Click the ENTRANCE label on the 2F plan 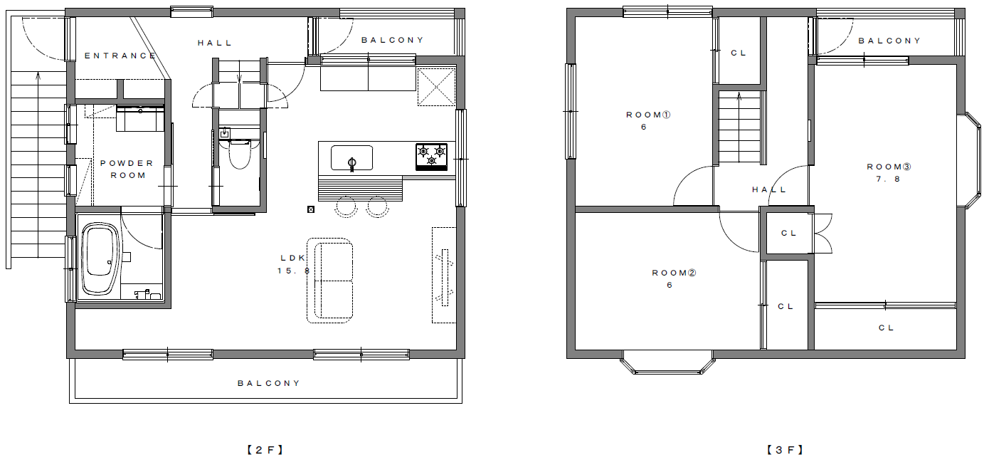click(120, 56)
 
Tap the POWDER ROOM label click(127, 169)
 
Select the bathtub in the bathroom click(100, 258)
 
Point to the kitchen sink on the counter click(351, 158)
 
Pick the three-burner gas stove click(431, 157)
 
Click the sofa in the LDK click(330, 281)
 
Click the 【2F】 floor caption click(265, 450)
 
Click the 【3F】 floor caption click(785, 450)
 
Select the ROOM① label click(648, 115)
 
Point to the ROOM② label click(674, 273)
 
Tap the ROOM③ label click(889, 167)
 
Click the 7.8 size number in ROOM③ click(888, 179)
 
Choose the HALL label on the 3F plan click(769, 189)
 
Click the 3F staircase click(740, 127)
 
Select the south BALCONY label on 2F click(269, 383)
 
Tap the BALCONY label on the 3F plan click(889, 41)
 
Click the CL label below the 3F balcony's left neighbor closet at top click(739, 53)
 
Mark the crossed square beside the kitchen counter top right click(436, 87)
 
